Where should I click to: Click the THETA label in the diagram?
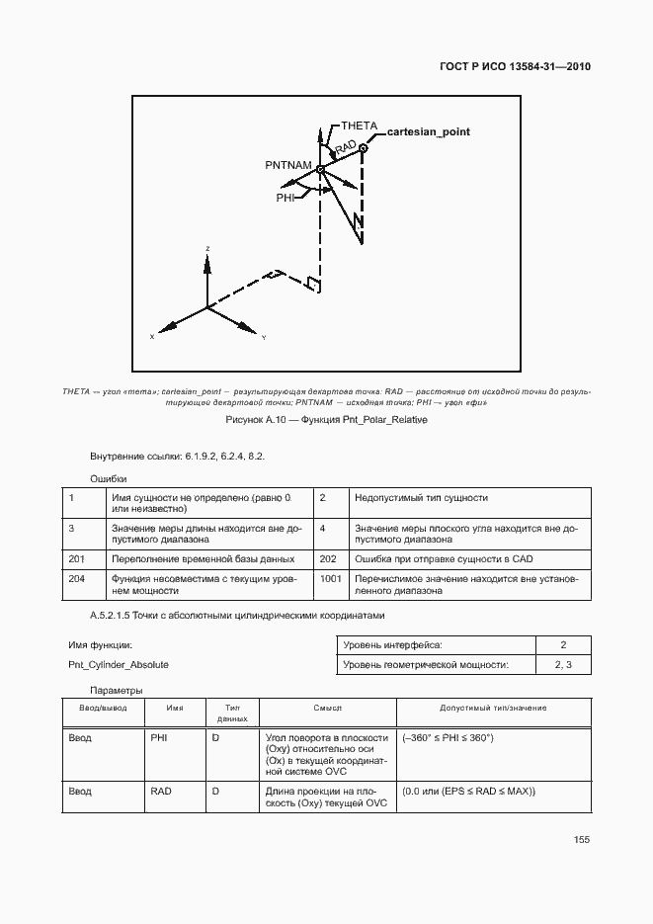click(359, 126)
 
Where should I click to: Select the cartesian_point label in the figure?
click(428, 131)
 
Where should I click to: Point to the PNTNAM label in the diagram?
click(288, 163)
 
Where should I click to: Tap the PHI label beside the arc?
click(286, 198)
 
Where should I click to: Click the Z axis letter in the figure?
click(206, 248)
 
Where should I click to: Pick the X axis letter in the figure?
click(152, 337)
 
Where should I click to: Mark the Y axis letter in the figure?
click(264, 338)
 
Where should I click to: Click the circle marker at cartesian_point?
click(364, 149)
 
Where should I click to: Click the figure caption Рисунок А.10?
click(326, 420)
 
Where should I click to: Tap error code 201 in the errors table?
click(75, 558)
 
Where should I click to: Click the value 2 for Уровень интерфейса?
click(562, 645)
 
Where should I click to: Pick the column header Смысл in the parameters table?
click(328, 708)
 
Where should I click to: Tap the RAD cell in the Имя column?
click(161, 791)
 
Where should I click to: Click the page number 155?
click(581, 840)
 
